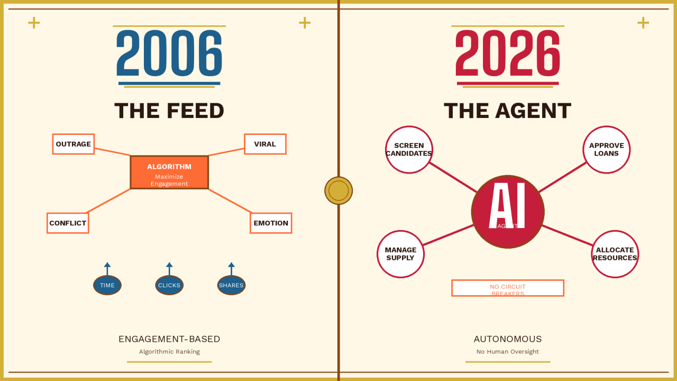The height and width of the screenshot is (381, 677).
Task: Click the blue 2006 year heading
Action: (169, 53)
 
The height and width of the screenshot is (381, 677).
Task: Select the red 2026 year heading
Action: (508, 53)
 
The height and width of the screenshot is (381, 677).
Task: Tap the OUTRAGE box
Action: (74, 144)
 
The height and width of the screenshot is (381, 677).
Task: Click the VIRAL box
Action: (265, 144)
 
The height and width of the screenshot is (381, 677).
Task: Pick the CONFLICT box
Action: (68, 223)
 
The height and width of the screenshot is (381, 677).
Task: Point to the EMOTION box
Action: (271, 223)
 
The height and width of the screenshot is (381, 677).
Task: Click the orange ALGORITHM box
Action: (169, 172)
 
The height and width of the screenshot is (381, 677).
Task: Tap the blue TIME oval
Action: (107, 285)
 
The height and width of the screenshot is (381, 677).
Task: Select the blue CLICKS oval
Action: (169, 285)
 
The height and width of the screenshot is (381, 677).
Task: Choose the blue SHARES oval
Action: (231, 285)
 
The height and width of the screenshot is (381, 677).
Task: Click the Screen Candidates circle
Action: (409, 150)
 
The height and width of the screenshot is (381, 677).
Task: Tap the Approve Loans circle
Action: (606, 150)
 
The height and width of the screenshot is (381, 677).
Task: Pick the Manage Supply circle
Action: (400, 254)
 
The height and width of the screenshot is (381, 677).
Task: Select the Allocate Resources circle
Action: (615, 254)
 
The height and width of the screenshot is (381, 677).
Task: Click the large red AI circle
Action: (508, 212)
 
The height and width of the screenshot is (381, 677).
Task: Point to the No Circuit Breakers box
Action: (508, 288)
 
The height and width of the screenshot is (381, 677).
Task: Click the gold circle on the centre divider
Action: (338, 190)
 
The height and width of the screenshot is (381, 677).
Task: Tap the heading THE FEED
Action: (169, 111)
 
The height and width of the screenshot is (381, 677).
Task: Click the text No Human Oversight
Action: (508, 351)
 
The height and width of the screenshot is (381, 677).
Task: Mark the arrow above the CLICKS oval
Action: (169, 268)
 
